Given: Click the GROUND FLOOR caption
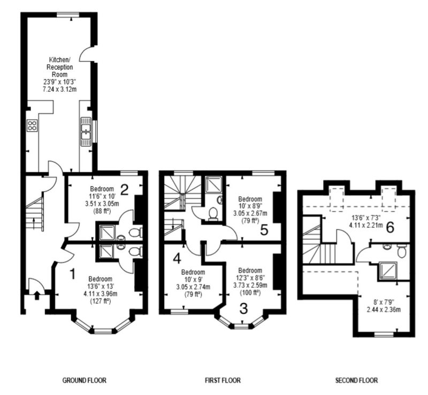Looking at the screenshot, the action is pos(85,380).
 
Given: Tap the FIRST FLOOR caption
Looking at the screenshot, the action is pos(223,380).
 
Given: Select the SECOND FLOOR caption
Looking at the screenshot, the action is pos(356,380).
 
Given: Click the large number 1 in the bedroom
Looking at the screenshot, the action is pos(73,274).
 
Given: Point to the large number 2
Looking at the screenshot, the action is pos(124,190).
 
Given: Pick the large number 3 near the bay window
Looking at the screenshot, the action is pos(243,308).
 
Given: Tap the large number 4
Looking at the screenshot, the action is pos(177,258).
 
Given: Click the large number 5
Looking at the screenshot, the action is pos(264,229).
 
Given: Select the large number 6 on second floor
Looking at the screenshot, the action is pos(391,227).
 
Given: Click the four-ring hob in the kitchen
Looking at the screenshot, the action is pos(32,125).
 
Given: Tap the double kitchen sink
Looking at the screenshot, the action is pos(86,131).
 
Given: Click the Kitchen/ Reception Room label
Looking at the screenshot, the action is pos(60,67).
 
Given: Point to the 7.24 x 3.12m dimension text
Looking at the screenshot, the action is pos(60,89).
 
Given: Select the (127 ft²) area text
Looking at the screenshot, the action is pos(100,302).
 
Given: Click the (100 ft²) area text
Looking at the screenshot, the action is pos(250,293).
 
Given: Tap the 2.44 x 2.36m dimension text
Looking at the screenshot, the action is pos(383,310).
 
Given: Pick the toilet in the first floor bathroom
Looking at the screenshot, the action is pos(212,214).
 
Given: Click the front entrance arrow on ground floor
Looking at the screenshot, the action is pos(36,295).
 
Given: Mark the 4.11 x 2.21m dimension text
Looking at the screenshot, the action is pos(366,225).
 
